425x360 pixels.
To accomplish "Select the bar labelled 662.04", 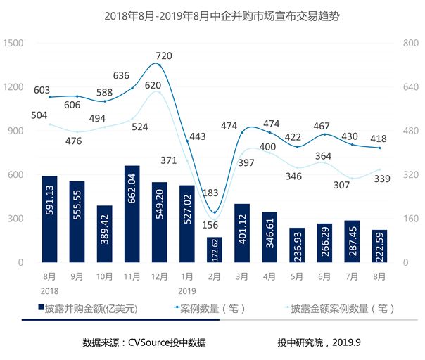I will [x=132, y=214].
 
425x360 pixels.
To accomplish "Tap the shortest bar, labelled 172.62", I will [x=214, y=250].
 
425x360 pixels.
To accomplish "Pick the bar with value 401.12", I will [x=242, y=233].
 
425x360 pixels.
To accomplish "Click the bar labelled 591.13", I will [x=49, y=219].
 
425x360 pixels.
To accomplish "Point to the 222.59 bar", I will [x=379, y=246].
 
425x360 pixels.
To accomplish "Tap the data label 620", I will [x=153, y=86].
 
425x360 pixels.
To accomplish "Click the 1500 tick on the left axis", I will [x=15, y=43].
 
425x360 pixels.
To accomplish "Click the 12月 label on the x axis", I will [x=159, y=276].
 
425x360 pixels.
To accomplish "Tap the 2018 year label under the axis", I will [x=49, y=290].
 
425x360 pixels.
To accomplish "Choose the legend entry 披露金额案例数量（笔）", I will [x=341, y=308].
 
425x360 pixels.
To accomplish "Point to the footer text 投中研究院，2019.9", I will [x=319, y=343].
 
